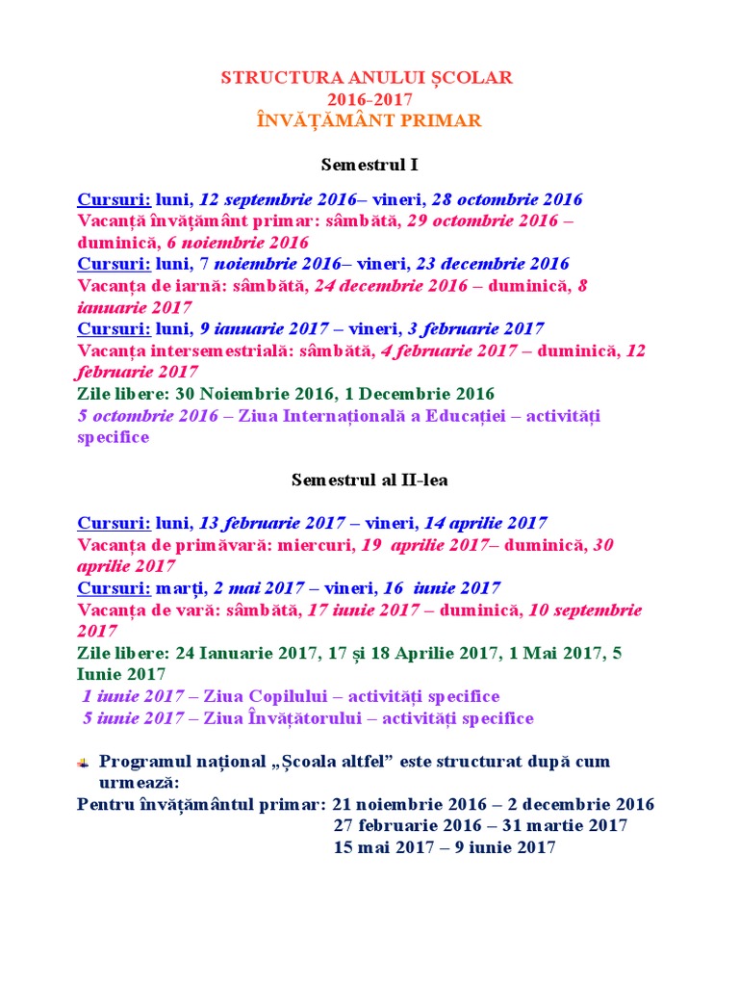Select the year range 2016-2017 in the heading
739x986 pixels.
click(369, 98)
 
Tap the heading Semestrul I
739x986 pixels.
click(369, 165)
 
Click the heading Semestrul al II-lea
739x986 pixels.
click(369, 480)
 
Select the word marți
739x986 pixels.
click(182, 588)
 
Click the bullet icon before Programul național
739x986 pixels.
click(84, 763)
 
